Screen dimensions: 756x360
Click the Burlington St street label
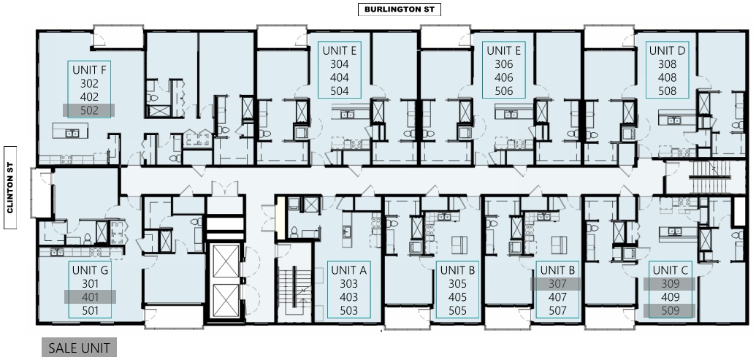[x=400, y=9]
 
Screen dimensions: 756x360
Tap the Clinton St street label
[x=10, y=188]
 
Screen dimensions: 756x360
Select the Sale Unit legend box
[x=79, y=348]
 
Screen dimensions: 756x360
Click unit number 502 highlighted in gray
[x=89, y=110]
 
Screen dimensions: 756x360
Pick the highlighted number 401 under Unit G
[x=90, y=297]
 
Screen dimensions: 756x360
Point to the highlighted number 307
[x=557, y=284]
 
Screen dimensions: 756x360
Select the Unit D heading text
[x=668, y=50]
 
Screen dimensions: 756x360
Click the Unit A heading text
[x=349, y=270]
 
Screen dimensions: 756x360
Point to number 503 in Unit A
[x=349, y=311]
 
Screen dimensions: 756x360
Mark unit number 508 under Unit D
[x=668, y=91]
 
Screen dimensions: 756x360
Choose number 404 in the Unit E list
[x=340, y=77]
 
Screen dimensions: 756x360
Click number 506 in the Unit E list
[x=504, y=91]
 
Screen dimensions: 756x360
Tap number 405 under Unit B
[x=457, y=297]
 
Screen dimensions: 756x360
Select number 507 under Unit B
[x=557, y=311]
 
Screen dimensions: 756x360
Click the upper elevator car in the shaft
[x=226, y=261]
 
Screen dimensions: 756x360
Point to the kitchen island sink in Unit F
[x=72, y=133]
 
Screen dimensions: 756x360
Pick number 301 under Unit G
[x=90, y=284]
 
